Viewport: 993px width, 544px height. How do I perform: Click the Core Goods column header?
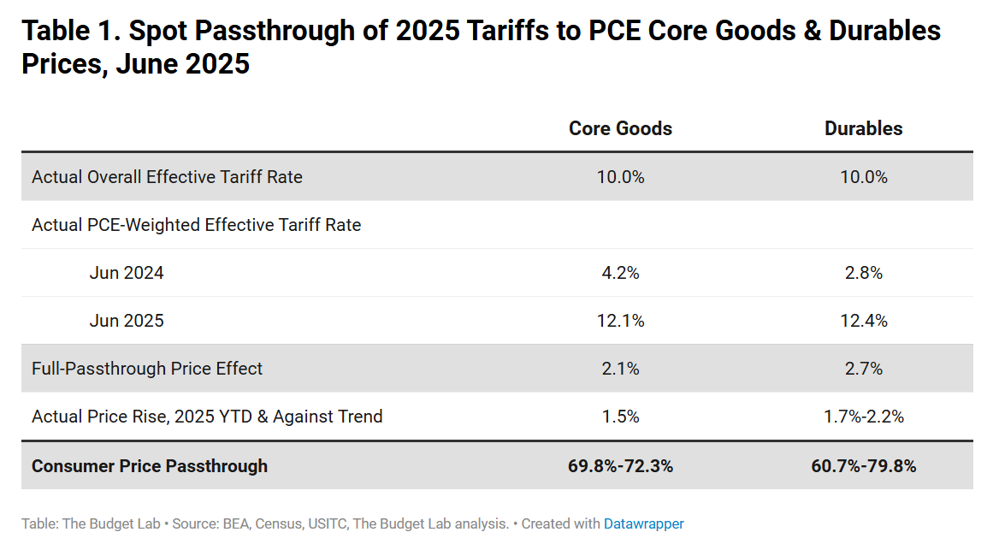620,128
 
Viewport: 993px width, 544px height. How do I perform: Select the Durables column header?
863,128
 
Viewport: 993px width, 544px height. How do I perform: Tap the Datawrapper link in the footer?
643,523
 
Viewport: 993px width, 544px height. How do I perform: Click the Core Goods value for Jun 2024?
620,273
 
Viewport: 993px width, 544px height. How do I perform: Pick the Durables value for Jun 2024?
863,273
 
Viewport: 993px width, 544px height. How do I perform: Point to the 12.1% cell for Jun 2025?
620,321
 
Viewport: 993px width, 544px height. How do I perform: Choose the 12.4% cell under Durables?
863,321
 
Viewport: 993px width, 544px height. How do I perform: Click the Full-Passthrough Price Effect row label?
147,369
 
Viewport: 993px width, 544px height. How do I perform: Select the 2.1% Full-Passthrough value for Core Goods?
620,369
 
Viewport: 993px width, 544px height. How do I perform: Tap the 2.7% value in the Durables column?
863,369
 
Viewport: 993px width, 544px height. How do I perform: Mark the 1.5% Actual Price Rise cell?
620,417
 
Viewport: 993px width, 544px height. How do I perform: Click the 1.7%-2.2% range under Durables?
863,417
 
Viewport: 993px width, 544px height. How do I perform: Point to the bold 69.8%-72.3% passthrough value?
620,466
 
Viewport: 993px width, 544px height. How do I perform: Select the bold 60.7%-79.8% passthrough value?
863,466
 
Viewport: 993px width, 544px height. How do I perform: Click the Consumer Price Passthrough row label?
150,466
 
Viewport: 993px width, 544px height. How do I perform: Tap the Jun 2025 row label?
127,321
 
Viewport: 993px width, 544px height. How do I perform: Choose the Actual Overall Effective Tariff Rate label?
167,177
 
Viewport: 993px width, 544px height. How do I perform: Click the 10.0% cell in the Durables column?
863,177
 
